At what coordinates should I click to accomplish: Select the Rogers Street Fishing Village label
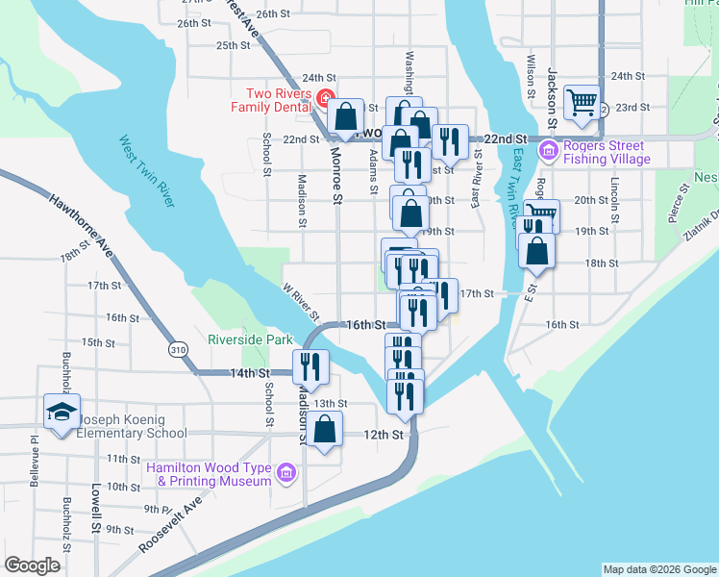pyautogui.click(x=607, y=152)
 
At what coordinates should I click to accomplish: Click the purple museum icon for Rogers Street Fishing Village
pyautogui.click(x=548, y=150)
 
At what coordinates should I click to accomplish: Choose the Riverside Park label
pyautogui.click(x=250, y=339)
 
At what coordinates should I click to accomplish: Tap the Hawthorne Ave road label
pyautogui.click(x=84, y=223)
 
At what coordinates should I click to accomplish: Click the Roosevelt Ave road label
pyautogui.click(x=171, y=524)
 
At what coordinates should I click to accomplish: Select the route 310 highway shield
pyautogui.click(x=178, y=350)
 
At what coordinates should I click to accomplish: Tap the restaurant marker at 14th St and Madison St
pyautogui.click(x=311, y=365)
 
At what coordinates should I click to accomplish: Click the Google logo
pyautogui.click(x=32, y=565)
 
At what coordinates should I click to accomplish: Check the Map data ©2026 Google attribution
pyautogui.click(x=658, y=569)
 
